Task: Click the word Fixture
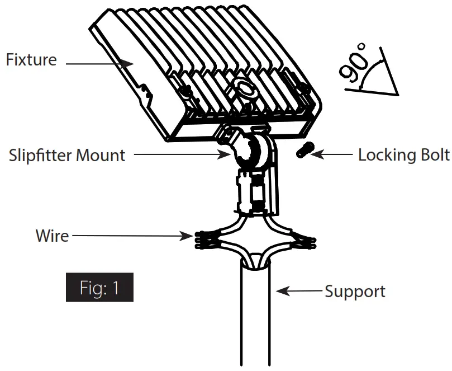click(x=31, y=59)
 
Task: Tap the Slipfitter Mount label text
click(x=67, y=155)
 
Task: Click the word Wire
click(x=52, y=235)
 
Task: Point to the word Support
click(x=355, y=292)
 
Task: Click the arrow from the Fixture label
click(x=101, y=64)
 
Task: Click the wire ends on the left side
click(x=204, y=239)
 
